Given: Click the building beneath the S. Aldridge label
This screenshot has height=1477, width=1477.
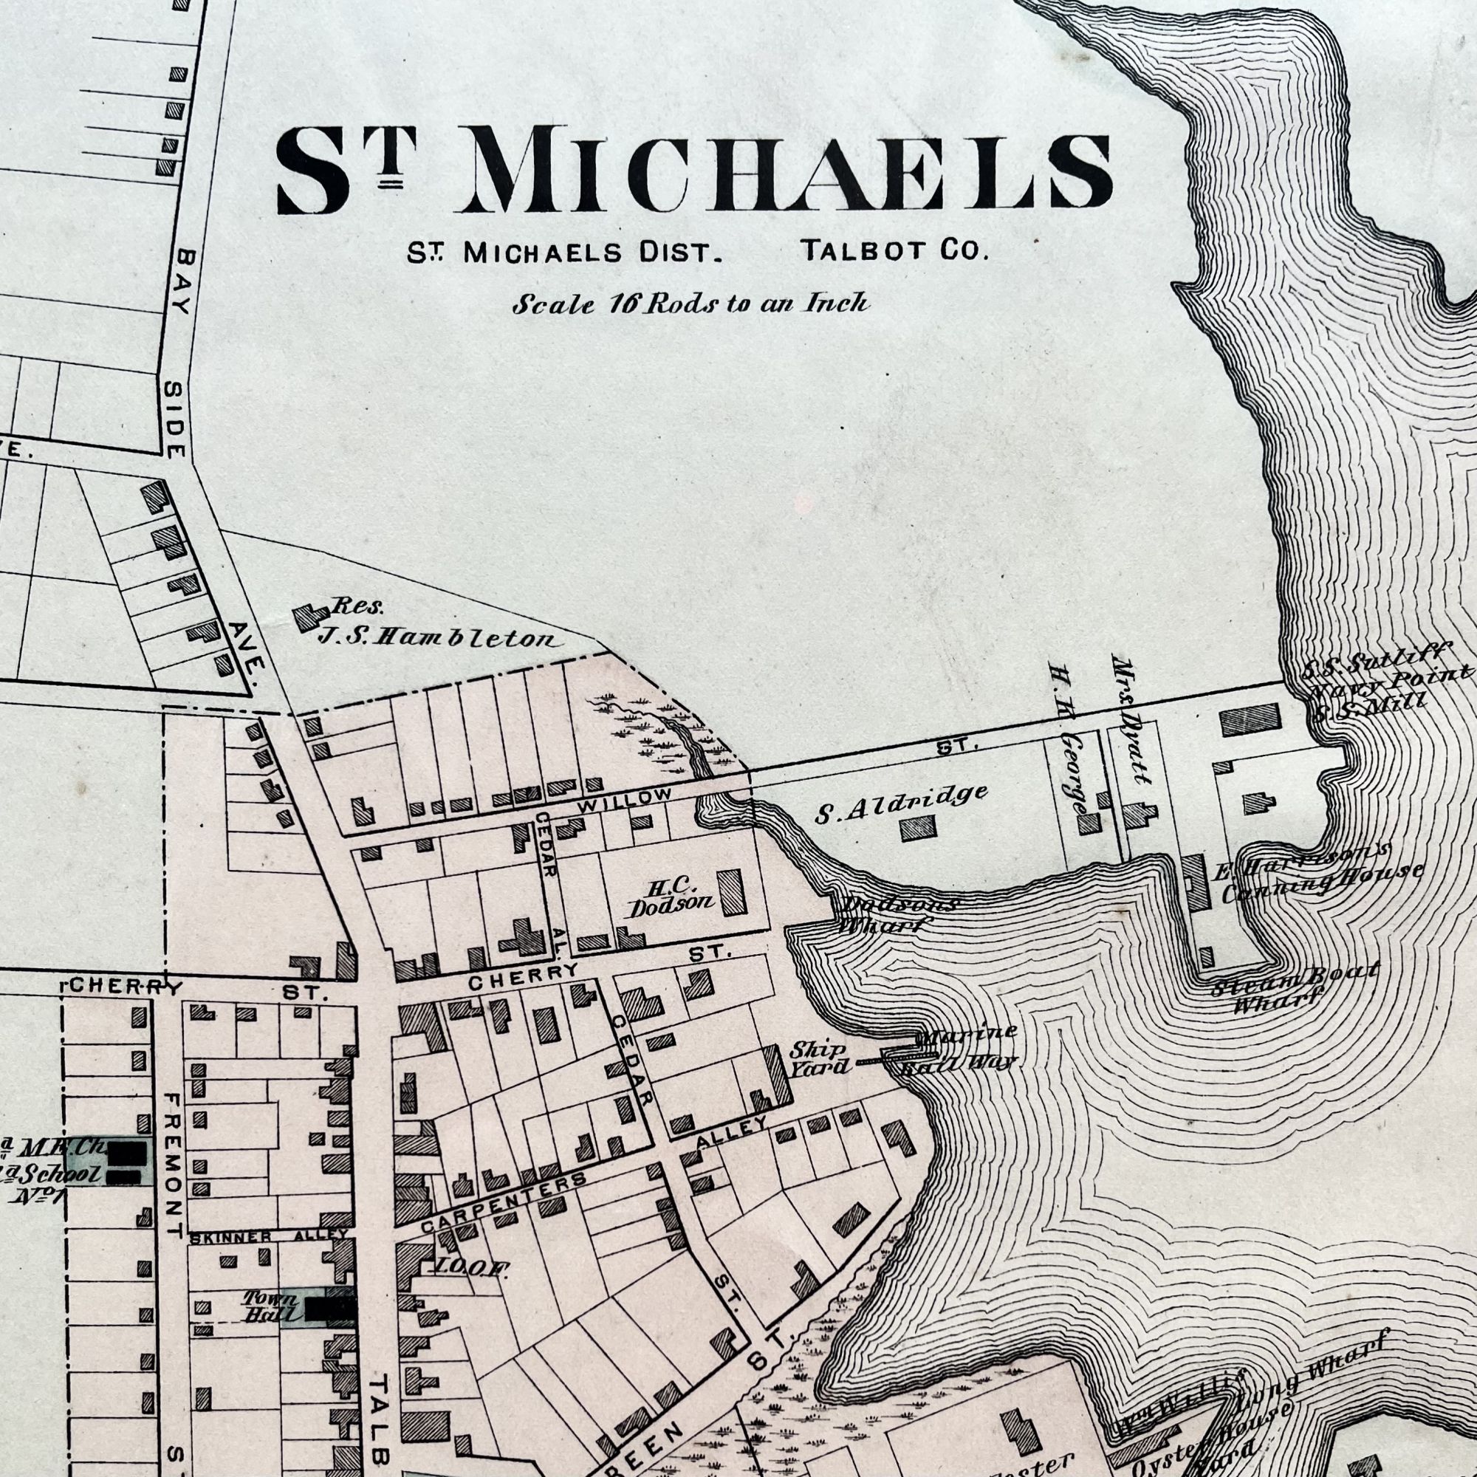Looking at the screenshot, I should click(917, 829).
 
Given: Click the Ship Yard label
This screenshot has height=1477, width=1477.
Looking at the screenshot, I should click(818, 1058).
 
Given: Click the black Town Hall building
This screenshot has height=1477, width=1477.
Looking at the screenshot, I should click(330, 1308).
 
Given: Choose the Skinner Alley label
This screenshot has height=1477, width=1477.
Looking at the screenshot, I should click(267, 1236).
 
